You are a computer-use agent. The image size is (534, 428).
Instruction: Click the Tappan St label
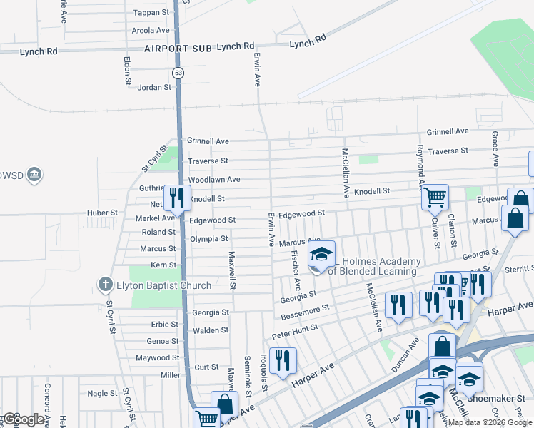[x=151, y=13]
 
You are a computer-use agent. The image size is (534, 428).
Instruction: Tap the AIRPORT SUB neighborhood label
[x=177, y=49]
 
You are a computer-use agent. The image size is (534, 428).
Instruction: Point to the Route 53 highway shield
[x=177, y=73]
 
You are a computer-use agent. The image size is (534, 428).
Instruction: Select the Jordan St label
[x=155, y=88]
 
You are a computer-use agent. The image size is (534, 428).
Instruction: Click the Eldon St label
[x=126, y=71]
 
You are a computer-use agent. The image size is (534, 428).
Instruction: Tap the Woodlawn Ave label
[x=213, y=180]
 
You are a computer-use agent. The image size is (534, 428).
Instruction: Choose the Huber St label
[x=103, y=213]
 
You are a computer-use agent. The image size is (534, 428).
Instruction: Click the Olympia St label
[x=208, y=238]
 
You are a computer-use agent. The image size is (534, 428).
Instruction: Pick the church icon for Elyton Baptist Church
[x=105, y=285]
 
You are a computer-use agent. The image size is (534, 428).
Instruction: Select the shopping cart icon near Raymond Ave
[x=434, y=196]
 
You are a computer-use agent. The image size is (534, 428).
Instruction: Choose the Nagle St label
[x=102, y=393]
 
